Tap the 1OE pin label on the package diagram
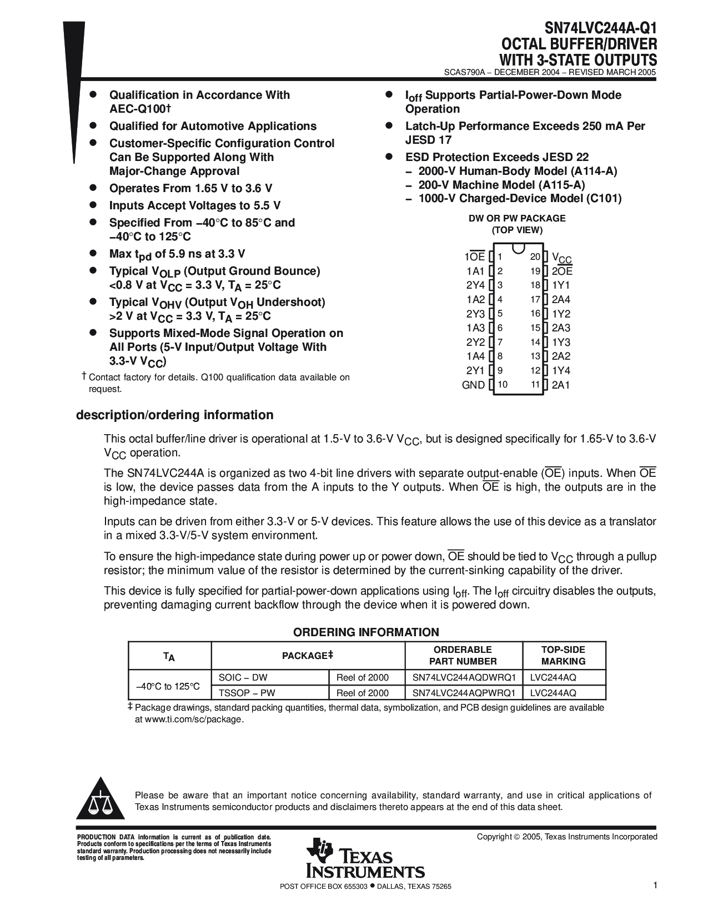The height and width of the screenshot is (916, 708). click(x=475, y=256)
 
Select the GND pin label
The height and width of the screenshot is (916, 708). click(x=474, y=385)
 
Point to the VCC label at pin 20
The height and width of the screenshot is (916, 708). click(x=561, y=258)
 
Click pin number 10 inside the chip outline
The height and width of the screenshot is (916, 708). click(x=503, y=384)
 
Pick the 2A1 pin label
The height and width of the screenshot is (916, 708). click(x=561, y=385)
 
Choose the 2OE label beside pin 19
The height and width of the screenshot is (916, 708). click(x=562, y=271)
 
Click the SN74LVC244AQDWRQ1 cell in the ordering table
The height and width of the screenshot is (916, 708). click(x=464, y=677)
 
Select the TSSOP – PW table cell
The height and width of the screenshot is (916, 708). click(x=247, y=693)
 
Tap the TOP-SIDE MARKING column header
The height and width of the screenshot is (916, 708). click(x=563, y=655)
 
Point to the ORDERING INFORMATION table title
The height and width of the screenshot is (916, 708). click(x=366, y=632)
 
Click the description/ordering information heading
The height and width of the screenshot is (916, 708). click(x=174, y=415)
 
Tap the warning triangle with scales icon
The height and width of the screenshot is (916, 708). click(x=101, y=801)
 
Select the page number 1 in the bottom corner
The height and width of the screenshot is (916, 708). click(x=655, y=885)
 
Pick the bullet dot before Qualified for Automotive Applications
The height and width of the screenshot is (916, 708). click(x=94, y=127)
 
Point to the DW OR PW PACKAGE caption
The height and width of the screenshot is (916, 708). click(x=517, y=218)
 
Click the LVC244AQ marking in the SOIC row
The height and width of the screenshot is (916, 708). click(x=553, y=677)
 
